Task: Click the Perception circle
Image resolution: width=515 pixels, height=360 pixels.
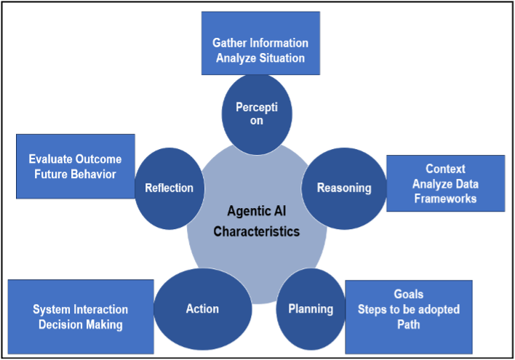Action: [x=256, y=113]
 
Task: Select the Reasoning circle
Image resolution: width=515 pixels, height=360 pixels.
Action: [x=343, y=188]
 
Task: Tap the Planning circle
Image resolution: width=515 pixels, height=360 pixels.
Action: [x=311, y=308]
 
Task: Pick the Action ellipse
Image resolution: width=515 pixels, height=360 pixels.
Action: [x=201, y=308]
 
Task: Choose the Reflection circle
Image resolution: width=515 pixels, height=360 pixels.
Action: [x=169, y=188]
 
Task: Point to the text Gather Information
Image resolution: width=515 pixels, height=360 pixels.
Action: [x=260, y=43]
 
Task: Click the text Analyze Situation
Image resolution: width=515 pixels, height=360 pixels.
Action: [x=260, y=57]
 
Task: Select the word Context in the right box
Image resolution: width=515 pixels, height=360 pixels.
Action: [x=445, y=169]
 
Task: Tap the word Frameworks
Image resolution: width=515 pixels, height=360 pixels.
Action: [x=445, y=198]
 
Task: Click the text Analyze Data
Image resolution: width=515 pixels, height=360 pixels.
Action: [x=445, y=183]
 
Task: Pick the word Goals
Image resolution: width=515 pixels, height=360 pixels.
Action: [x=408, y=295]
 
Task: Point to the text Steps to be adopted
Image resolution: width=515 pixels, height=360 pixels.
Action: [x=408, y=309]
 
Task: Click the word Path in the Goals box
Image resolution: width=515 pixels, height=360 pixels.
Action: [x=408, y=324]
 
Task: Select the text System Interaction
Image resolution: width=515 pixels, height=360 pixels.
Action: [x=80, y=310]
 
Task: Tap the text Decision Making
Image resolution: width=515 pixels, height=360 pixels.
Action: [x=80, y=324]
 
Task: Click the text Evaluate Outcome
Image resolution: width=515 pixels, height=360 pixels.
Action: [x=75, y=159]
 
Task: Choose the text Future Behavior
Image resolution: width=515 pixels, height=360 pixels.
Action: [x=75, y=175]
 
